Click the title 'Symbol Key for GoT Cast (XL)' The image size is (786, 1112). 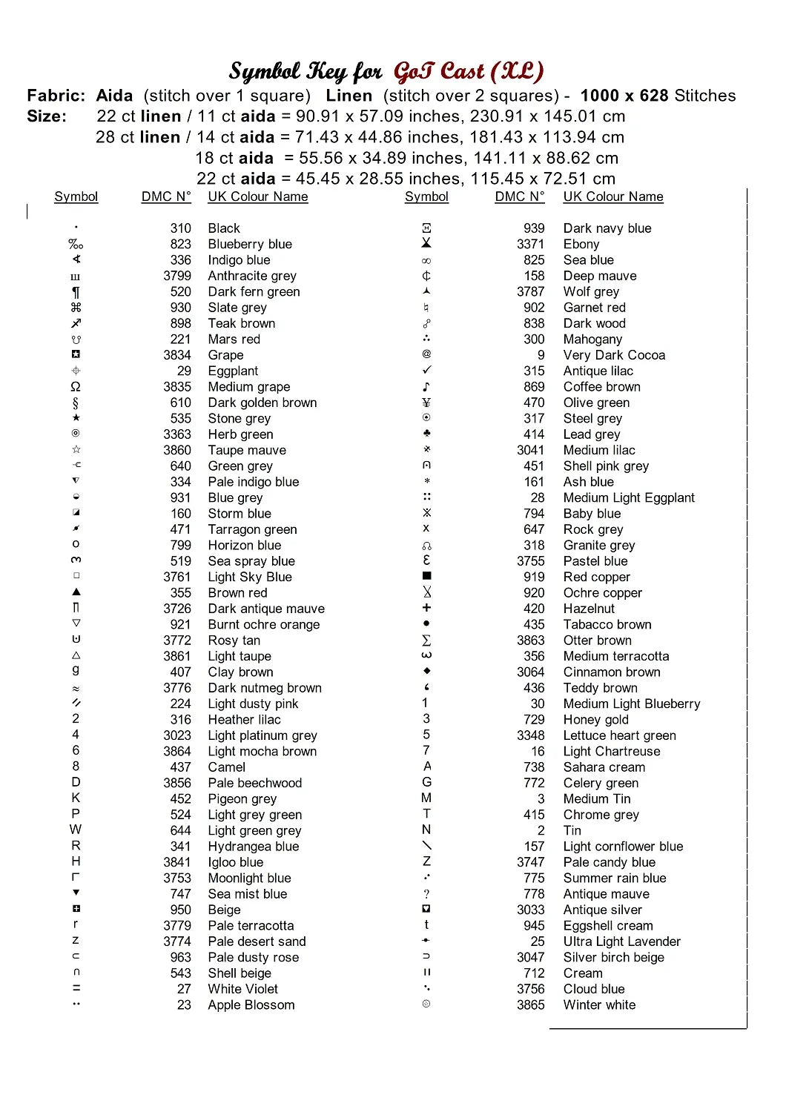pos(386,71)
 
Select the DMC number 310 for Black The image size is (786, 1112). pos(180,228)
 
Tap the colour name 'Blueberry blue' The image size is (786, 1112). pos(250,244)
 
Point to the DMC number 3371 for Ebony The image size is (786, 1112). pos(530,244)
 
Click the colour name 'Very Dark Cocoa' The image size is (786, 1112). pos(614,355)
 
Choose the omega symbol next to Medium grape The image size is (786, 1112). pos(76,387)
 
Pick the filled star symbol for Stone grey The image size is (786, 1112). pos(76,418)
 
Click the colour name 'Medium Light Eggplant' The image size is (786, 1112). pos(629,497)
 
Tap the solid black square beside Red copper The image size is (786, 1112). pos(426,576)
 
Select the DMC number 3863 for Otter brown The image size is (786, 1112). pos(530,641)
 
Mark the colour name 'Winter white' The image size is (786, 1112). pos(599,1005)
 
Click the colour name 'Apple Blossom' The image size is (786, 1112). pos(251,1005)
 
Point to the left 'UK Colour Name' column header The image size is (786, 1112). pos(257,196)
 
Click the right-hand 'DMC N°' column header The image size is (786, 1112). pos(519,196)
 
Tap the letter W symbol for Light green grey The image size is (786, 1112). pos(76,830)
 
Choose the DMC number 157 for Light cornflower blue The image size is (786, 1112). pos(534,847)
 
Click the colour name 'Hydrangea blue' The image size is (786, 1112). pos(253,847)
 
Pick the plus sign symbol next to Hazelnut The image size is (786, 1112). pos(426,608)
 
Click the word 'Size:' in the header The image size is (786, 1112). pos(47,116)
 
